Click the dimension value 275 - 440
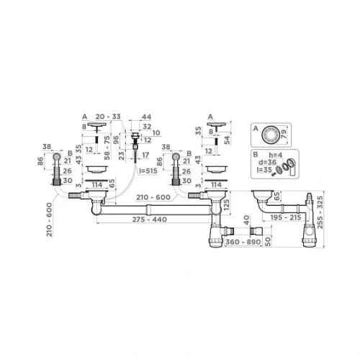pyautogui.click(x=150, y=220)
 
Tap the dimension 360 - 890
pyautogui.click(x=243, y=242)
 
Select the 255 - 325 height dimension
pyautogui.click(x=320, y=212)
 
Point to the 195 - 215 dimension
pyautogui.click(x=286, y=217)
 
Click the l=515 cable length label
pyautogui.click(x=148, y=171)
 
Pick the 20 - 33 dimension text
pyautogui.click(x=108, y=117)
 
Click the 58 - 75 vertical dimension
pyautogui.click(x=107, y=148)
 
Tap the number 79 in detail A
pyautogui.click(x=284, y=134)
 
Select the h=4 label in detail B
pyautogui.click(x=276, y=155)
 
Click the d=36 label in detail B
pyautogui.click(x=267, y=162)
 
